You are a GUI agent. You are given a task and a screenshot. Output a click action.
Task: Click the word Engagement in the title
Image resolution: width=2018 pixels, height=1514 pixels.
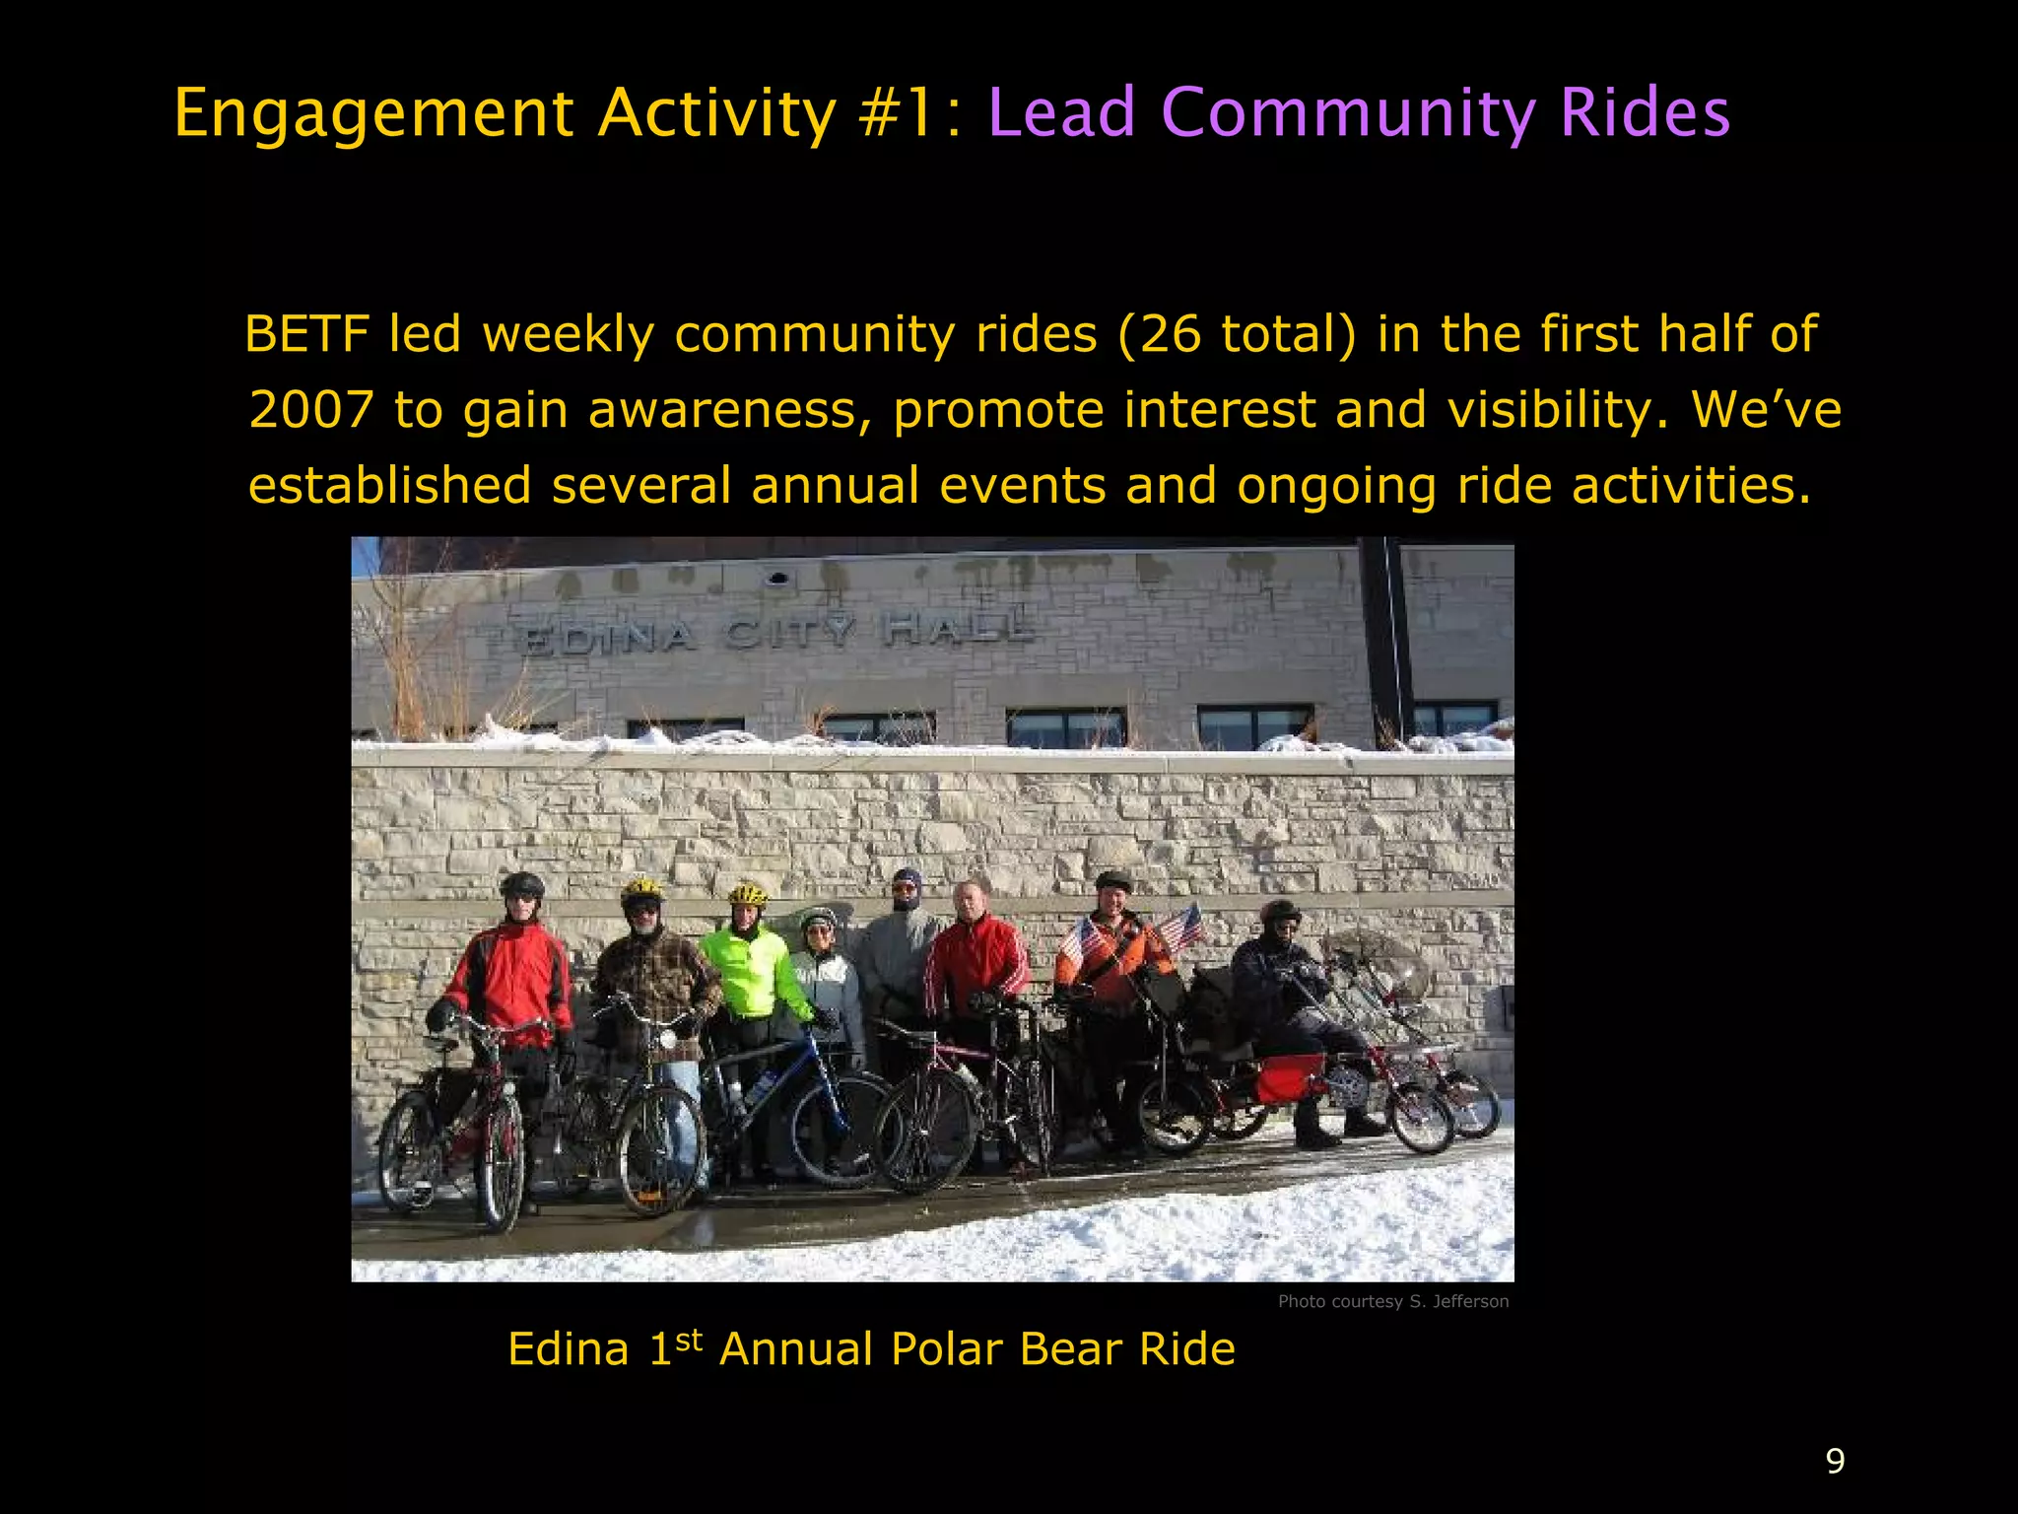[x=373, y=113]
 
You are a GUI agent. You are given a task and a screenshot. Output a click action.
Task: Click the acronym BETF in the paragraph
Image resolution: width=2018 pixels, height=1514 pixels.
[x=306, y=334]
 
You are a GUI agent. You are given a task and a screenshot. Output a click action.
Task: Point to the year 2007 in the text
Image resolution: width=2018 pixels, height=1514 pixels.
[x=311, y=410]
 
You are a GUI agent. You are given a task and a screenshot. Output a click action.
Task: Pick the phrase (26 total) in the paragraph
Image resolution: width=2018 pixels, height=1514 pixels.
[x=1238, y=334]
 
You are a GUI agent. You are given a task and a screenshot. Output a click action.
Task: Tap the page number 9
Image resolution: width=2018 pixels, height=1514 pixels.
[x=1835, y=1460]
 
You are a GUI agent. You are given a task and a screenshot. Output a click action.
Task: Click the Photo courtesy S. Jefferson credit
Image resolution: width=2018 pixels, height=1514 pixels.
[x=1392, y=1301]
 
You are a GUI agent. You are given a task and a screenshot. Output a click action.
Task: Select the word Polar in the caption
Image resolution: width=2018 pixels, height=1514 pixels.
[x=945, y=1349]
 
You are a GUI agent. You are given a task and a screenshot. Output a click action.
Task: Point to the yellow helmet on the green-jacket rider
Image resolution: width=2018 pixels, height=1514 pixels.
[x=748, y=895]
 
